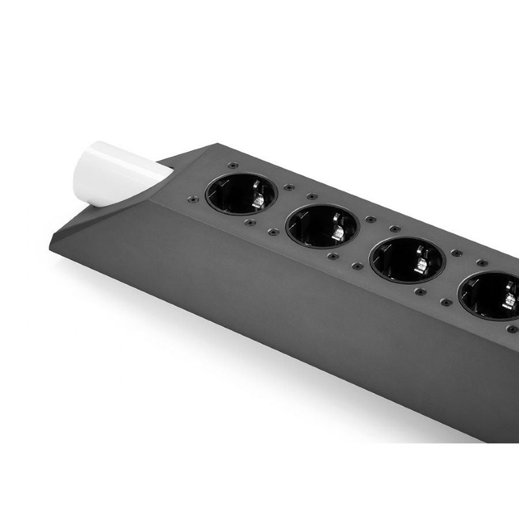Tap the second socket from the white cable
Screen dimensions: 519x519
coord(322,227)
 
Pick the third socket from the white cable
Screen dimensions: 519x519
coord(407,261)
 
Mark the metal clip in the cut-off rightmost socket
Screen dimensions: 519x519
coord(510,300)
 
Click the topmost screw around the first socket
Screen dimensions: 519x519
coord(232,165)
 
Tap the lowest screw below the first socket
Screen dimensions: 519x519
coord(250,222)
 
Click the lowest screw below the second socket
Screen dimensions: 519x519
coord(331,256)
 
